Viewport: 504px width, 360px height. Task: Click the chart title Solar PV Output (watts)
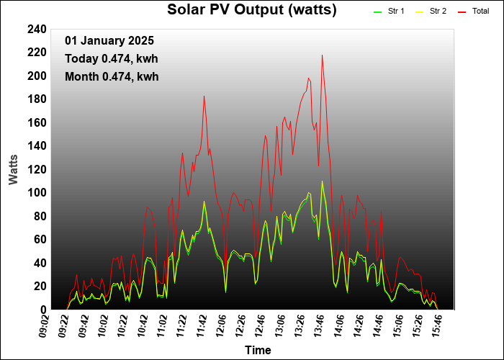click(251, 9)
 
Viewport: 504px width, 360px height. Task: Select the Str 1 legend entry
click(396, 12)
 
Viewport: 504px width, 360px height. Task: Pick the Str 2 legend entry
click(438, 12)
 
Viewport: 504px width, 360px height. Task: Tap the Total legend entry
click(480, 12)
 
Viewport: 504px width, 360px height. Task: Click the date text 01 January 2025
click(109, 41)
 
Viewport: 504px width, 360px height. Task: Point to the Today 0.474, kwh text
click(111, 59)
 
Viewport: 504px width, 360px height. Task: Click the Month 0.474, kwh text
click(111, 77)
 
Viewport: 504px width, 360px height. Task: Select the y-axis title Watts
click(14, 168)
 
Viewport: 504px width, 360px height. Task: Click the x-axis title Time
click(258, 351)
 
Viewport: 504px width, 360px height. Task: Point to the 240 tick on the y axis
click(37, 30)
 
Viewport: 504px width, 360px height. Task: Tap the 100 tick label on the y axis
click(37, 193)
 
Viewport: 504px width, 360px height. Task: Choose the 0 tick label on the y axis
click(43, 310)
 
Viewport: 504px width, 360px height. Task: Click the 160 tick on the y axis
click(37, 123)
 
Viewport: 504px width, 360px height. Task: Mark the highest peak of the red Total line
click(322, 55)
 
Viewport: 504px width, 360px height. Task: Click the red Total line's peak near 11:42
click(204, 96)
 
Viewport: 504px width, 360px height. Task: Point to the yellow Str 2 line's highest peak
click(322, 181)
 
